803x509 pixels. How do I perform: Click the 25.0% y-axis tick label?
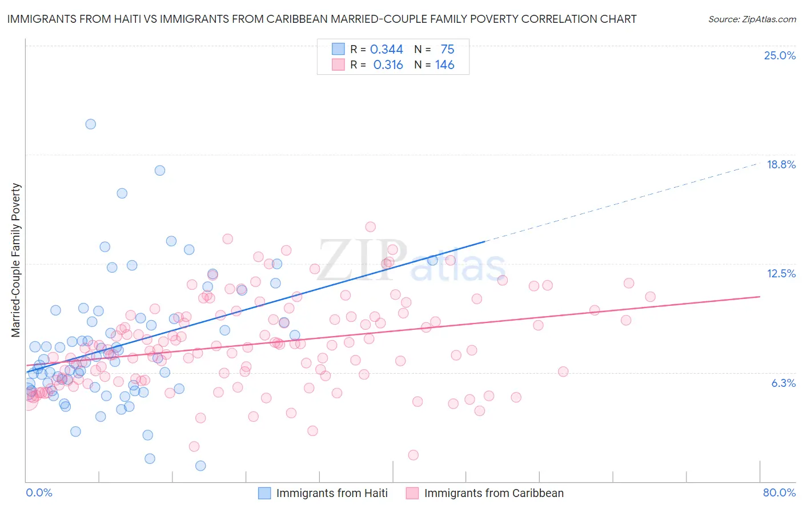point(780,55)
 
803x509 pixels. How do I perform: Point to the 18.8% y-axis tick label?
point(781,164)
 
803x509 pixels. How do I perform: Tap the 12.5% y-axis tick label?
point(781,273)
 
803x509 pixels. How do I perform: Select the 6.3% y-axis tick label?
point(783,383)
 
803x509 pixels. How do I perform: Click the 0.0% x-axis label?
point(39,492)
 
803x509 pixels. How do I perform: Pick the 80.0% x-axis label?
point(779,492)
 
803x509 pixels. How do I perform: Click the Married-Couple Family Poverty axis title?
point(16,260)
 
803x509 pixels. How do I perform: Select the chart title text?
point(322,19)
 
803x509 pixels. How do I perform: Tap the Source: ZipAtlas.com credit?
point(752,19)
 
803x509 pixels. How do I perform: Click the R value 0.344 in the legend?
point(387,49)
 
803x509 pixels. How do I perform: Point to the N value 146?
point(444,65)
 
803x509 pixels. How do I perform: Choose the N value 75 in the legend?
point(447,49)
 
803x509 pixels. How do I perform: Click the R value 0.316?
point(388,65)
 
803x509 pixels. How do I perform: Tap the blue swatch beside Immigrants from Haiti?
point(264,493)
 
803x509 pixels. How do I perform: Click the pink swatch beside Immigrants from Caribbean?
point(412,493)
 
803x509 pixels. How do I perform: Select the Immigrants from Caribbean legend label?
point(493,493)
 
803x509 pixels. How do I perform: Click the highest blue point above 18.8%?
point(90,124)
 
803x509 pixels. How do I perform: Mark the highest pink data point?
point(370,227)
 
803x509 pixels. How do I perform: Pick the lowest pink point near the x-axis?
point(413,455)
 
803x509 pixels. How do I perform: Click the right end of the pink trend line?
point(760,297)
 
